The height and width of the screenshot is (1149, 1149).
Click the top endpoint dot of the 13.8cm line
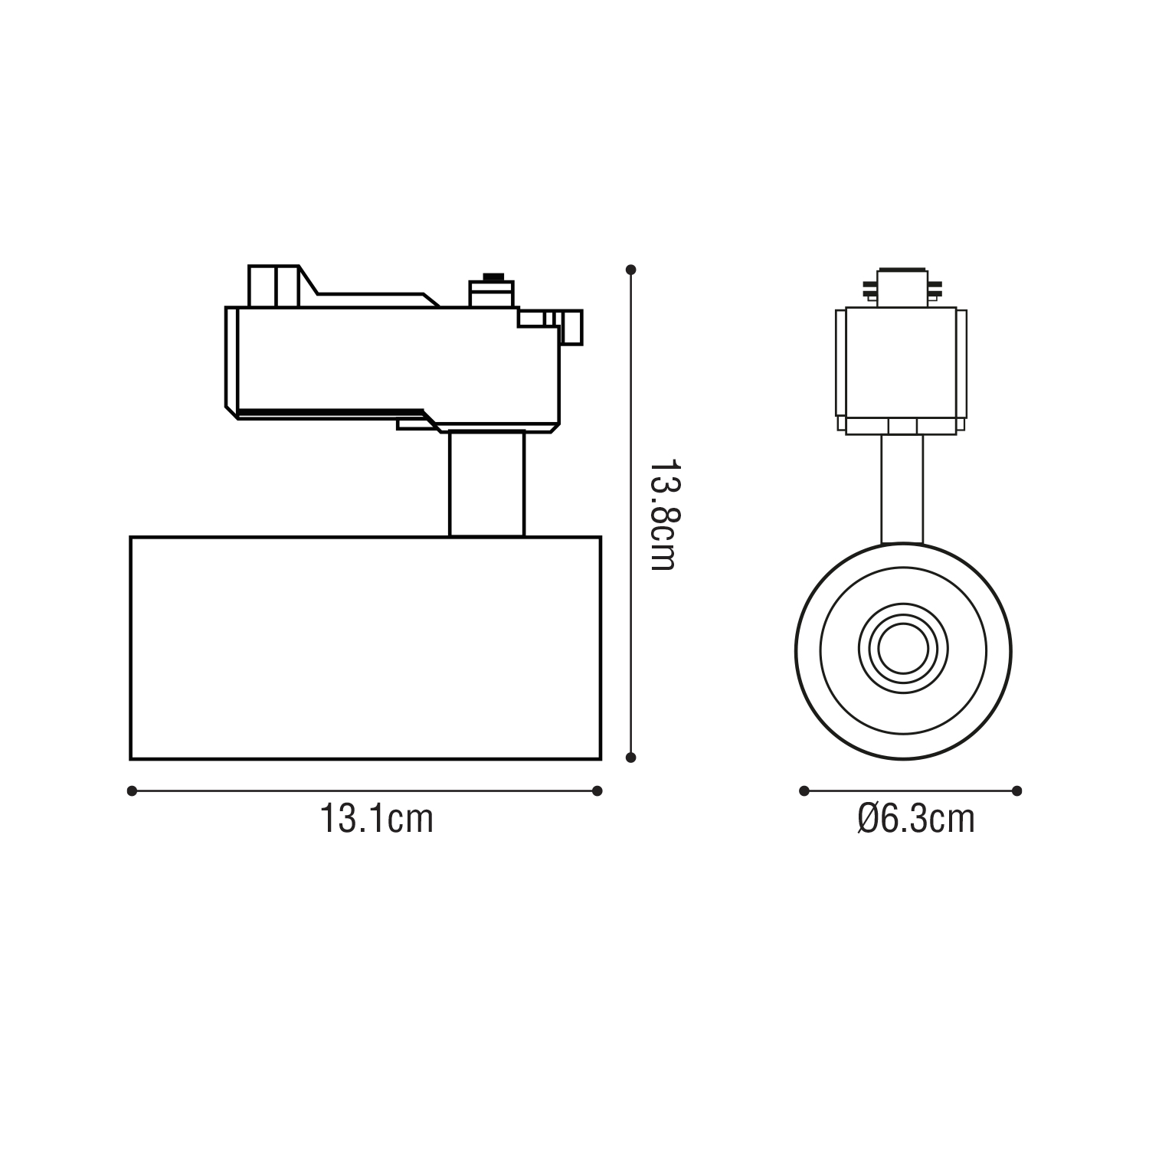pos(630,270)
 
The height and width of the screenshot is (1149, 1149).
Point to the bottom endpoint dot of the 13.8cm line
pos(630,758)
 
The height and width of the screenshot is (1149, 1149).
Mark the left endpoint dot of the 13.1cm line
pos(132,791)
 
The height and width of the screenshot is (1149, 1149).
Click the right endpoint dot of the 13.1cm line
pos(597,791)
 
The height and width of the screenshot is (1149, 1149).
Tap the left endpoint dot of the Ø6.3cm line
pos(804,791)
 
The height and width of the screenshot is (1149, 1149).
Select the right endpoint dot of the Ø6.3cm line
pos(1017,791)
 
